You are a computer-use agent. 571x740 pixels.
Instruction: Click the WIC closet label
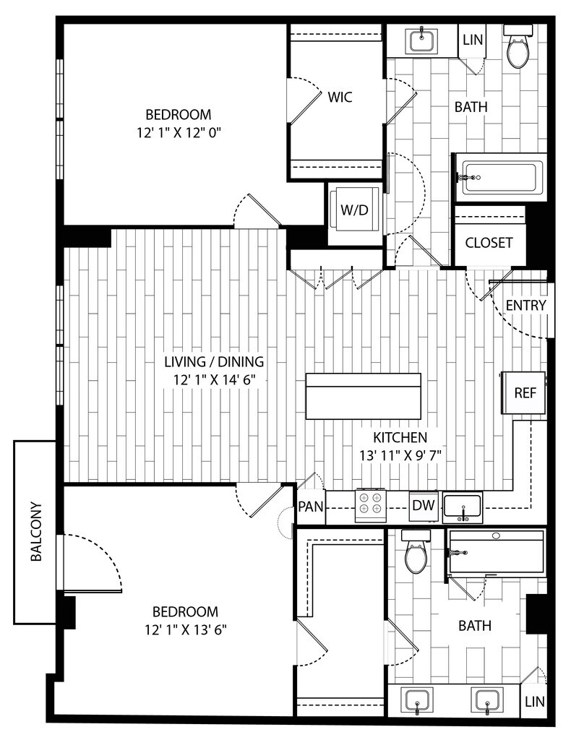coord(340,98)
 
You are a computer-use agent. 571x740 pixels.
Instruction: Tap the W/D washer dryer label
coord(354,210)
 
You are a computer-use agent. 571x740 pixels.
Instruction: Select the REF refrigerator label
coord(525,392)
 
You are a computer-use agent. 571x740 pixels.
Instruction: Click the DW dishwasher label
coord(424,505)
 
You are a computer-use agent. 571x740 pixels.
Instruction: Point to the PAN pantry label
coord(311,507)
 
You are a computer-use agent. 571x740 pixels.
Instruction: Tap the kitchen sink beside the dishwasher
coord(463,507)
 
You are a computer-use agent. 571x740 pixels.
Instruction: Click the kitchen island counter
coord(363,396)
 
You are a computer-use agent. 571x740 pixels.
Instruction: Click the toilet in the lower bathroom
coord(416,551)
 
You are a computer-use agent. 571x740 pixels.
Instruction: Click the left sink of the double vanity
coord(417,700)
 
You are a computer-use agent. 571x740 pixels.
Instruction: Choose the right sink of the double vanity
coord(487,700)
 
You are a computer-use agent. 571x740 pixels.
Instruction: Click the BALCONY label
coord(36,531)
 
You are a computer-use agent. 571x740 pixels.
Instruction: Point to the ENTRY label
coord(525,306)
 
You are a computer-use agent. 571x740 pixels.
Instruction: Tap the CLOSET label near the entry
coord(489,243)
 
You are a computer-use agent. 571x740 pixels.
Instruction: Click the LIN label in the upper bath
coord(473,40)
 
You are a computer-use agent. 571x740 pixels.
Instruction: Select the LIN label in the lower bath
coord(535,702)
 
